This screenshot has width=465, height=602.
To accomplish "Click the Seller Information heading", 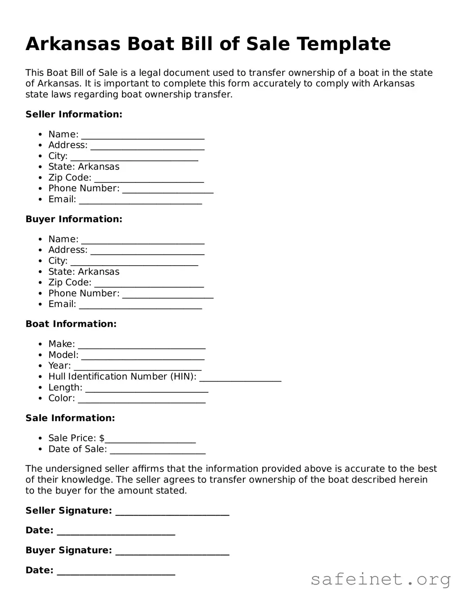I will point(74,115).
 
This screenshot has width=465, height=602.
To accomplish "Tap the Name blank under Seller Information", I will point(143,137).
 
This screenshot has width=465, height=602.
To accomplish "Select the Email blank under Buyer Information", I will point(140,306).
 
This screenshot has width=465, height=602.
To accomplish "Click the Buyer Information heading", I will point(74,219).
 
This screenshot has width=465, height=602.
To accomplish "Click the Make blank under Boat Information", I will point(141,346).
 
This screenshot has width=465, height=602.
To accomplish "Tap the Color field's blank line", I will point(141,401).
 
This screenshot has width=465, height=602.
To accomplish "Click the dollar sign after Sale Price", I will point(102,438).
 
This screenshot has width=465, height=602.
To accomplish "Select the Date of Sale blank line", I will point(158,451).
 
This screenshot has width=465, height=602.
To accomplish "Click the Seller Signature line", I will point(172,513).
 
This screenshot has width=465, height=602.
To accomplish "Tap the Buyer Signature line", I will point(172,553).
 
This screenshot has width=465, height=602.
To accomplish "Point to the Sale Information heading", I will point(70,418).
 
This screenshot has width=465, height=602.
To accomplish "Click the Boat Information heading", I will point(71,324).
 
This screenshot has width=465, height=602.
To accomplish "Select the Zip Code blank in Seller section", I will point(149,180).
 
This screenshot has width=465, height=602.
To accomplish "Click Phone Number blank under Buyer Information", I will point(168,295).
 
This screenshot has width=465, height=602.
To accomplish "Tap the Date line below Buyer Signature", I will point(116,573).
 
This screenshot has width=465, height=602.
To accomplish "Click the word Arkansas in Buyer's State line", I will point(98,272).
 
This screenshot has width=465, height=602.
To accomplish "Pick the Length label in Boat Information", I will point(65,388).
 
